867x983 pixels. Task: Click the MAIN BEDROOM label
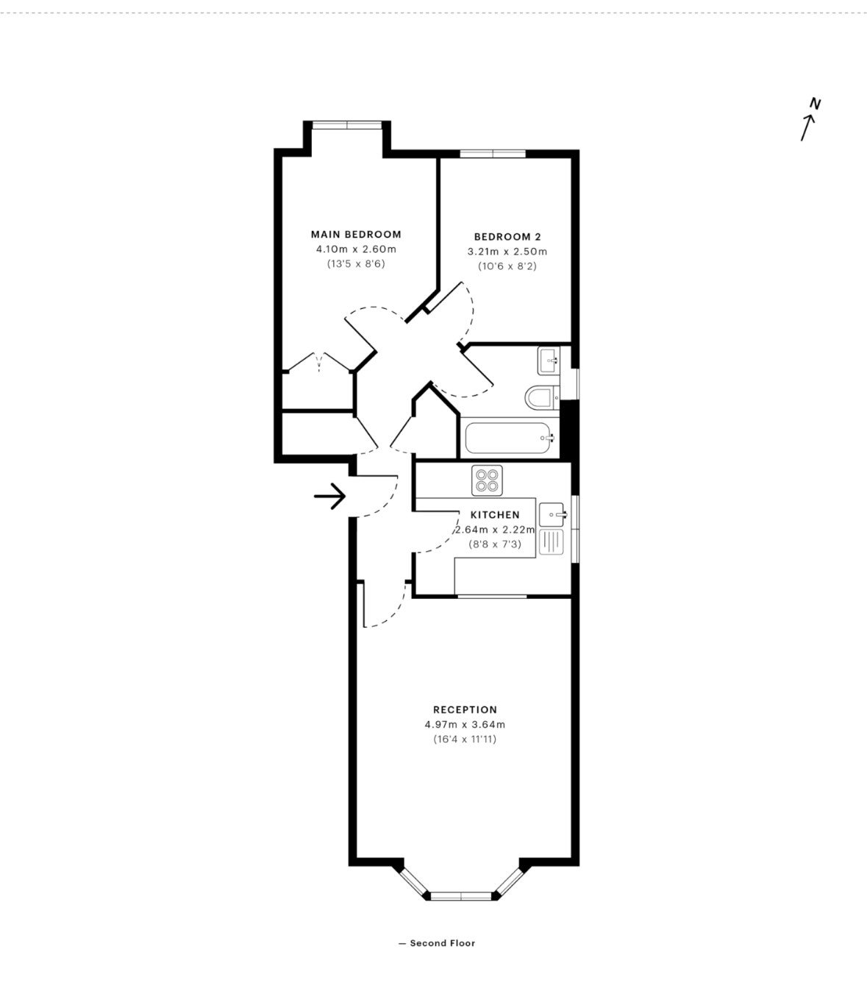tap(356, 235)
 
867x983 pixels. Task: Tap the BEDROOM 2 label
tap(507, 237)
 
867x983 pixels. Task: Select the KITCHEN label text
tap(495, 515)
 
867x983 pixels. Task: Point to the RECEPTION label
tap(465, 710)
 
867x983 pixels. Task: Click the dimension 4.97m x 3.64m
tap(465, 725)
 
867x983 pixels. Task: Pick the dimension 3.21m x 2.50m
tap(507, 252)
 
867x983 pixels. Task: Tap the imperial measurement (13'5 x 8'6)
tap(356, 264)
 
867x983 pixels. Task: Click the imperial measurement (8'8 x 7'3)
tap(495, 544)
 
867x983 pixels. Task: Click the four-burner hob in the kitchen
tap(487, 480)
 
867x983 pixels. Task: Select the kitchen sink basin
tap(552, 515)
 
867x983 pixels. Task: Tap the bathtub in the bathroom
tap(507, 438)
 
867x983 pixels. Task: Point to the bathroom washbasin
tap(549, 361)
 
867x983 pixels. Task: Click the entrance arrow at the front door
tap(329, 496)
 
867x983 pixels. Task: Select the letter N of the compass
tap(816, 103)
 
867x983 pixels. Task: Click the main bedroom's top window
tap(346, 125)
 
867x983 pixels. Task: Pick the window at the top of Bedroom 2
tap(493, 154)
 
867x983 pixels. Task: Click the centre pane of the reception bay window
tap(461, 895)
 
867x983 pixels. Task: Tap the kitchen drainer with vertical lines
tap(552, 542)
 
